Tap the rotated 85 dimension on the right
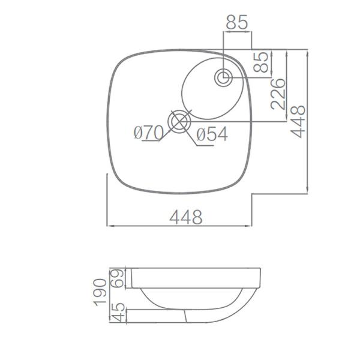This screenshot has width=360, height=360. point(262,63)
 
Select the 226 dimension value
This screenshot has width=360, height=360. point(278,94)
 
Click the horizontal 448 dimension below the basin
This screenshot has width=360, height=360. point(185,217)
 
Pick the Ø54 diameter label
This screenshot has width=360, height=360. point(211,135)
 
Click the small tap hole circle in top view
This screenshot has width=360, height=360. point(224,77)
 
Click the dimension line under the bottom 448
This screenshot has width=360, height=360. point(180,226)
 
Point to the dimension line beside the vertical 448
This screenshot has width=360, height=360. point(308,120)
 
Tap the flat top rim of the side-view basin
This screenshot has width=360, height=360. point(198,268)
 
